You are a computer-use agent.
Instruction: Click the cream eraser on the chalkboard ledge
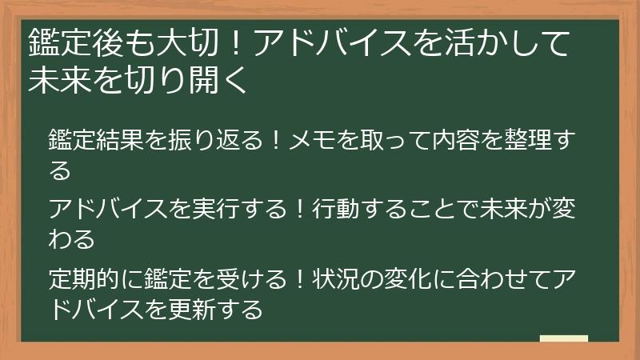[563, 338]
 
